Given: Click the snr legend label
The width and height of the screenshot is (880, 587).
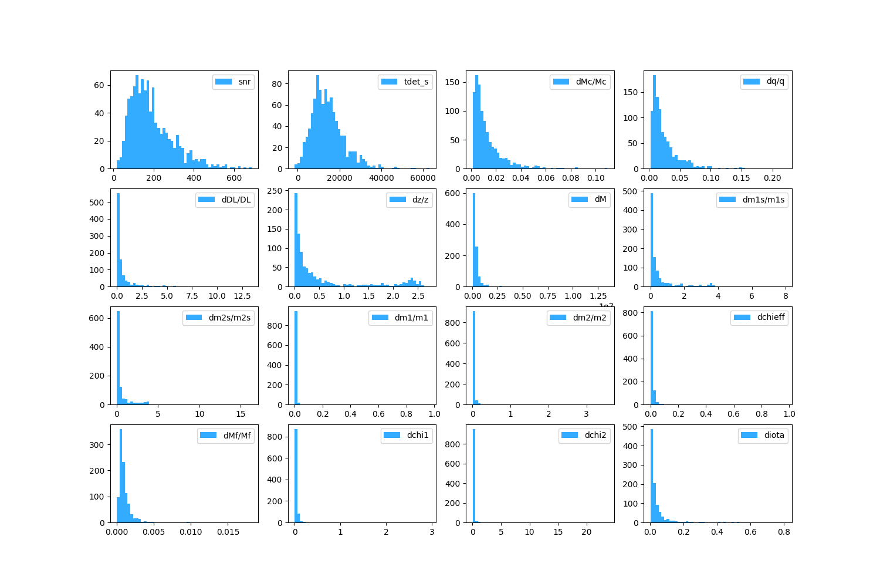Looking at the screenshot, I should pos(245,82).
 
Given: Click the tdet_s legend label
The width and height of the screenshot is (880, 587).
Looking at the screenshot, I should pos(416,82).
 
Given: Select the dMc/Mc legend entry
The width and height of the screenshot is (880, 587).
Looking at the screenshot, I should pos(591,82).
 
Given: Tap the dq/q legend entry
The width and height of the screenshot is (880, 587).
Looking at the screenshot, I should pos(775,82).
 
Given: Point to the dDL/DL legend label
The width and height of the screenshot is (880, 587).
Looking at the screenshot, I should pos(236,200).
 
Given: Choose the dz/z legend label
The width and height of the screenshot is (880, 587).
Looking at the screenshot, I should pos(420,200).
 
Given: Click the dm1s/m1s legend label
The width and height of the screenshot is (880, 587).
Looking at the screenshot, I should pos(763,200).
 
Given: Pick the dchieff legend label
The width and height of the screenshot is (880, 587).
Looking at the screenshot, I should pos(770,317).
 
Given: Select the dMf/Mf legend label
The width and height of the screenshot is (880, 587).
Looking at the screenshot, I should pos(237,435).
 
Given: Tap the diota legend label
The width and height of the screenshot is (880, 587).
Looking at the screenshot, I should pos(774,435).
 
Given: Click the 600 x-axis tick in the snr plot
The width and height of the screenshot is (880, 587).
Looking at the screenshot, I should pos(234,178).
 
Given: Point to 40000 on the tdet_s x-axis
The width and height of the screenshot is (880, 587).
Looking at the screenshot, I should pos(381,178).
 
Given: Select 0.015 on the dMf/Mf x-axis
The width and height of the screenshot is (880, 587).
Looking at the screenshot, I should pos(228,532).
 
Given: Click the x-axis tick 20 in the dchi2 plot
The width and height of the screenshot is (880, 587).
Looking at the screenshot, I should pos(587,532).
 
